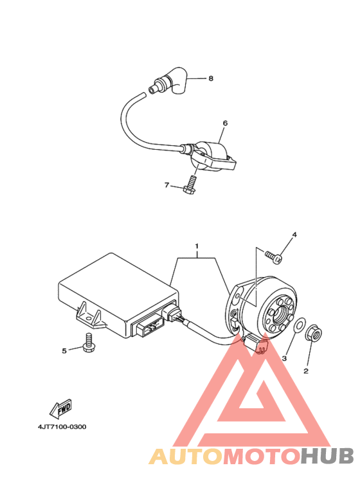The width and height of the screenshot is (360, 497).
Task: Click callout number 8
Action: tap(210, 78)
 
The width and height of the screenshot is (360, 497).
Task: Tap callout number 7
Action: tap(166, 185)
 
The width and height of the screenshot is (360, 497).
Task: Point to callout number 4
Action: tap(294, 235)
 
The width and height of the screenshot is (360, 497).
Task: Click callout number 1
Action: tap(197, 246)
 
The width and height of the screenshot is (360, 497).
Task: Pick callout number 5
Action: tap(64, 350)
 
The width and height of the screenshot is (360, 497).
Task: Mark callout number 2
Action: tap(306, 371)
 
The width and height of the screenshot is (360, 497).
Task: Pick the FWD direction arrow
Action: tap(60, 407)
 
